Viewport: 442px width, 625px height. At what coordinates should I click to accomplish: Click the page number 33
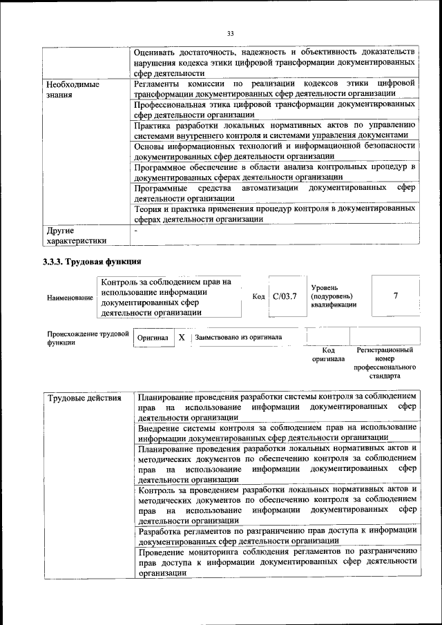click(230, 32)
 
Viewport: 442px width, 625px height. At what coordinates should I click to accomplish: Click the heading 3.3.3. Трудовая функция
click(92, 262)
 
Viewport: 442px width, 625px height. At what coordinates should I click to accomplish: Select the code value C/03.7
click(285, 296)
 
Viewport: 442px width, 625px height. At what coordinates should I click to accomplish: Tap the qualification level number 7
click(395, 296)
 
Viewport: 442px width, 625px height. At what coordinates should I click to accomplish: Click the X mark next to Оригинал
click(181, 338)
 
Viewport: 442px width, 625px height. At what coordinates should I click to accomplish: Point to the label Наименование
click(70, 297)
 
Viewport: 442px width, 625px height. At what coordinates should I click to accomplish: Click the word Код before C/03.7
click(259, 296)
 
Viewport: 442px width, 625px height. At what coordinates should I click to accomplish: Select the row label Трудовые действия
click(75, 398)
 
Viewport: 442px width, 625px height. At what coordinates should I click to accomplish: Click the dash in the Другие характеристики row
click(136, 230)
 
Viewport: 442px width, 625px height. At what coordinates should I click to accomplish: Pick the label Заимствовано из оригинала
click(238, 338)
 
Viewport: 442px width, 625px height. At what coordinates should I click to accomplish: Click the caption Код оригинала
click(327, 355)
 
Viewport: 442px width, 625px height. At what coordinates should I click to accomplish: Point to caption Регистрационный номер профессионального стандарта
click(384, 364)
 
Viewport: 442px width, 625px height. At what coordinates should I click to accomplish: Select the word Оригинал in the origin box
click(152, 338)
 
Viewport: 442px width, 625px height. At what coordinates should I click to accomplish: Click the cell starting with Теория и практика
click(274, 213)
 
